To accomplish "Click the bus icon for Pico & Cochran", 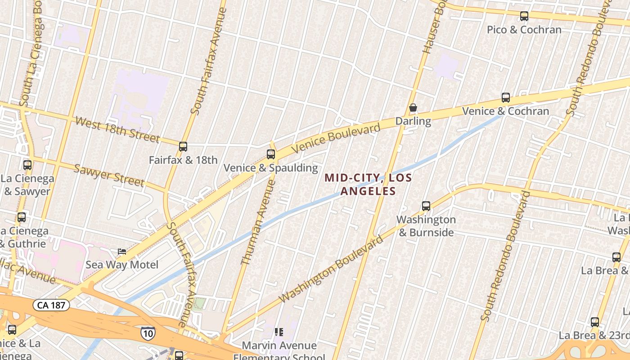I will pyautogui.click(x=524, y=16).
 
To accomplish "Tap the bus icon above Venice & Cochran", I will pyautogui.click(x=505, y=98).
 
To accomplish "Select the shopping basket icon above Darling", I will pyautogui.click(x=413, y=108).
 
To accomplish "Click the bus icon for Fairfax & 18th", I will pyautogui.click(x=183, y=147).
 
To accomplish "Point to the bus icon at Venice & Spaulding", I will pyautogui.click(x=270, y=154).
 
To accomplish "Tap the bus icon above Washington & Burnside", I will pyautogui.click(x=426, y=206).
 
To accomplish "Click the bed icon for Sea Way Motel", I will pyautogui.click(x=121, y=251).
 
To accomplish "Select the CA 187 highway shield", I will pyautogui.click(x=51, y=305).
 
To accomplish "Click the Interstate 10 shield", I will pyautogui.click(x=148, y=333).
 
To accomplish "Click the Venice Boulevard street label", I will pyautogui.click(x=336, y=138).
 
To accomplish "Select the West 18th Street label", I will pyautogui.click(x=117, y=129).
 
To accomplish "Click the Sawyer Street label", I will pyautogui.click(x=109, y=175).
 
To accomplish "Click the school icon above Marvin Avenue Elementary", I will pyautogui.click(x=279, y=332).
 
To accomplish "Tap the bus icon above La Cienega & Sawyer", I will pyautogui.click(x=27, y=165).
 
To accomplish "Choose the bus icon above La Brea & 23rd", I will pyautogui.click(x=594, y=322).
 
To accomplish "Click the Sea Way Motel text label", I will pyautogui.click(x=122, y=265).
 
